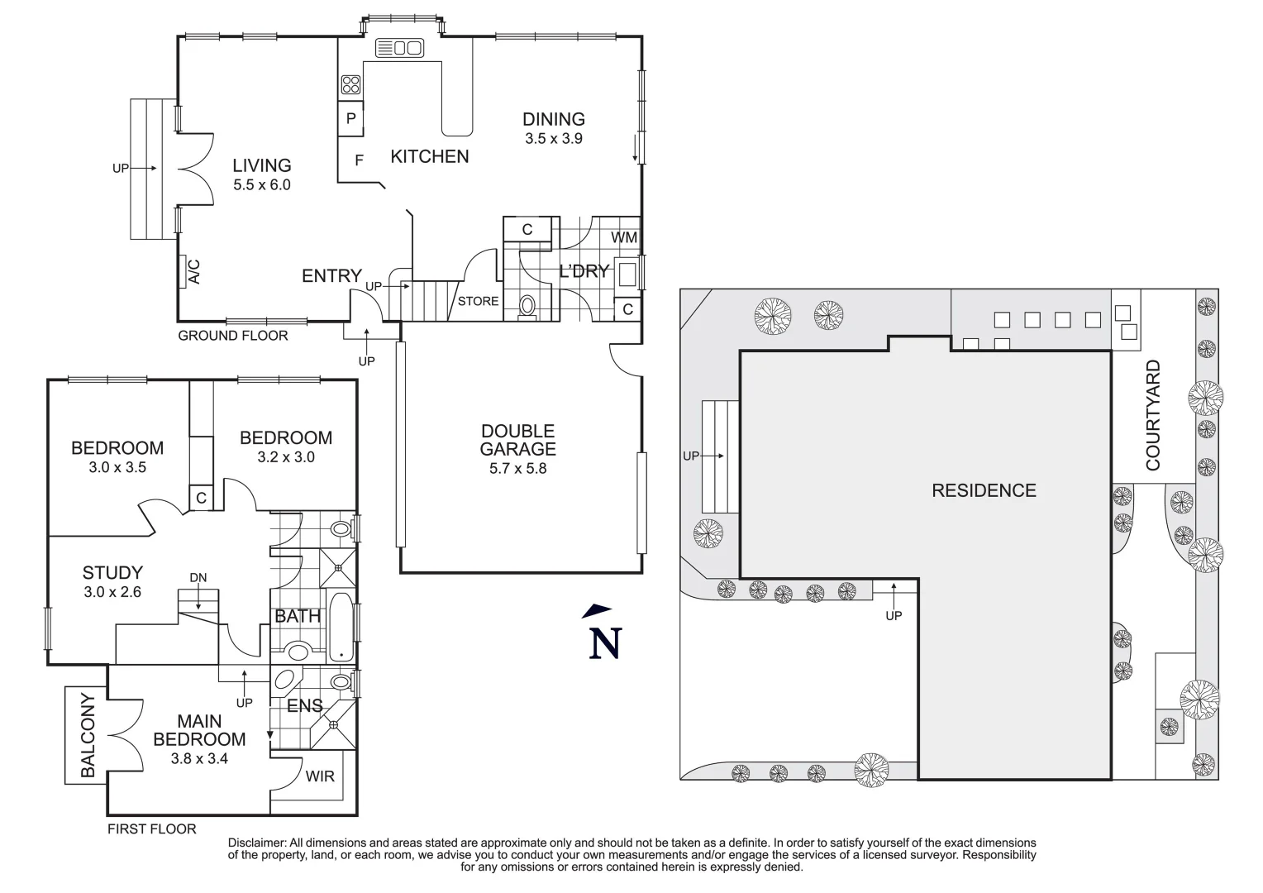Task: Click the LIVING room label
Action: [x=261, y=165]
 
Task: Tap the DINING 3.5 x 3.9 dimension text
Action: [x=553, y=139]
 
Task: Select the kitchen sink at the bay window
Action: [x=399, y=48]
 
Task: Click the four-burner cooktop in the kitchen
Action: [x=350, y=84]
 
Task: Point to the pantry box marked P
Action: [x=350, y=119]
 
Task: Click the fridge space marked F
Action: [x=359, y=160]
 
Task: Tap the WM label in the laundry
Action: [x=624, y=237]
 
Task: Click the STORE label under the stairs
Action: [x=478, y=301]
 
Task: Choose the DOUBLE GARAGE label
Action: [x=517, y=440]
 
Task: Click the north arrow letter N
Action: [x=604, y=644]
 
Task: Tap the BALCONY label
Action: [x=87, y=735]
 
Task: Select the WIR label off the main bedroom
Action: [x=320, y=776]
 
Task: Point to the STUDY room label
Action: [x=112, y=572]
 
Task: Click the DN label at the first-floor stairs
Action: [x=198, y=577]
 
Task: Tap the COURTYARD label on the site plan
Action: [x=1153, y=415]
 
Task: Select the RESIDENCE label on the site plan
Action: [x=984, y=490]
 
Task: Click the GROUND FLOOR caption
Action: [x=233, y=336]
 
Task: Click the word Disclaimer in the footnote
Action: [x=257, y=842]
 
